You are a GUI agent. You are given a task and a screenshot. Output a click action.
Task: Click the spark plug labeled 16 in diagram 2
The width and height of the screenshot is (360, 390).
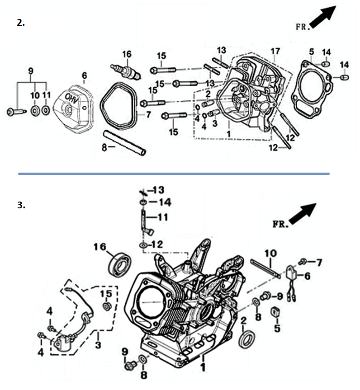click(x=126, y=71)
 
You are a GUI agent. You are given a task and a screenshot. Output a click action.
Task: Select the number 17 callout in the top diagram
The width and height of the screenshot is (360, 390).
click(x=275, y=51)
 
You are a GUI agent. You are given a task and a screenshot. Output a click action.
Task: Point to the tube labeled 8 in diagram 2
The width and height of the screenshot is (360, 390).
click(x=124, y=144)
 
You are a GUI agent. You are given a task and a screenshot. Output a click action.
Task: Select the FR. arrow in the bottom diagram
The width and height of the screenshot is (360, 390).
click(x=303, y=214)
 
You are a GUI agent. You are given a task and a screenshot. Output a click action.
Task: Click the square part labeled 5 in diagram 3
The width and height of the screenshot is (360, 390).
click(x=275, y=312)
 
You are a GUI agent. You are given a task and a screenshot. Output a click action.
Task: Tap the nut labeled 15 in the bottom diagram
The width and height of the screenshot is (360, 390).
click(x=107, y=306)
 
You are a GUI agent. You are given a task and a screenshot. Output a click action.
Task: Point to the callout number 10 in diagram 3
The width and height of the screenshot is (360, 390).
click(x=270, y=254)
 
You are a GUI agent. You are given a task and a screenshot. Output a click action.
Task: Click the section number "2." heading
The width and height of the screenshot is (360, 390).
click(x=21, y=23)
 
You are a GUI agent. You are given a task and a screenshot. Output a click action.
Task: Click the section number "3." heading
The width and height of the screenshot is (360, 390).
click(x=21, y=205)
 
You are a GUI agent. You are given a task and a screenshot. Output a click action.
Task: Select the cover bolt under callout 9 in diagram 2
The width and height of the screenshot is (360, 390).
click(x=16, y=112)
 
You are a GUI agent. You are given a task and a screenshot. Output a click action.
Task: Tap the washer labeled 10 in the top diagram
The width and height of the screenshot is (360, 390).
click(x=35, y=110)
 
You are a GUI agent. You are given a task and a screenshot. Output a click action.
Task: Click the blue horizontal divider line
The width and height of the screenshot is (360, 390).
click(x=174, y=174)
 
